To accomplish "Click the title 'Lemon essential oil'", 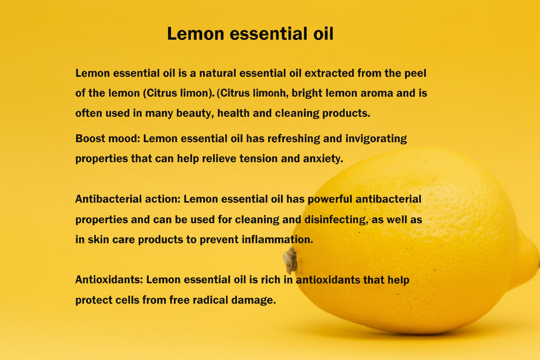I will point(250,34).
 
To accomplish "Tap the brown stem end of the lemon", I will point(290,260).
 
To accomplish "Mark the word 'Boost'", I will point(90,139).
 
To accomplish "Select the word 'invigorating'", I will point(376,139).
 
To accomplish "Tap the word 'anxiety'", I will point(323,159).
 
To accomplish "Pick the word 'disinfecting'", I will point(335,220).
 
